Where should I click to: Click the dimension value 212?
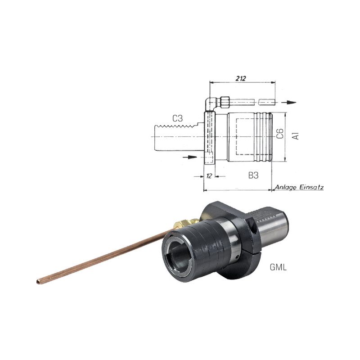coord(241,78)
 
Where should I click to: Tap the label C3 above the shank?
coord(178,118)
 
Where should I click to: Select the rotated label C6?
coord(280,134)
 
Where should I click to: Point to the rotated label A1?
coord(296,136)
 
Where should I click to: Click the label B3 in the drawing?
coord(253,175)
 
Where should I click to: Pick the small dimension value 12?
coord(209,176)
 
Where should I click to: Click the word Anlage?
coord(286,188)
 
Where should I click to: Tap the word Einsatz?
coord(311,187)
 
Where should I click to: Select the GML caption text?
coord(278,267)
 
